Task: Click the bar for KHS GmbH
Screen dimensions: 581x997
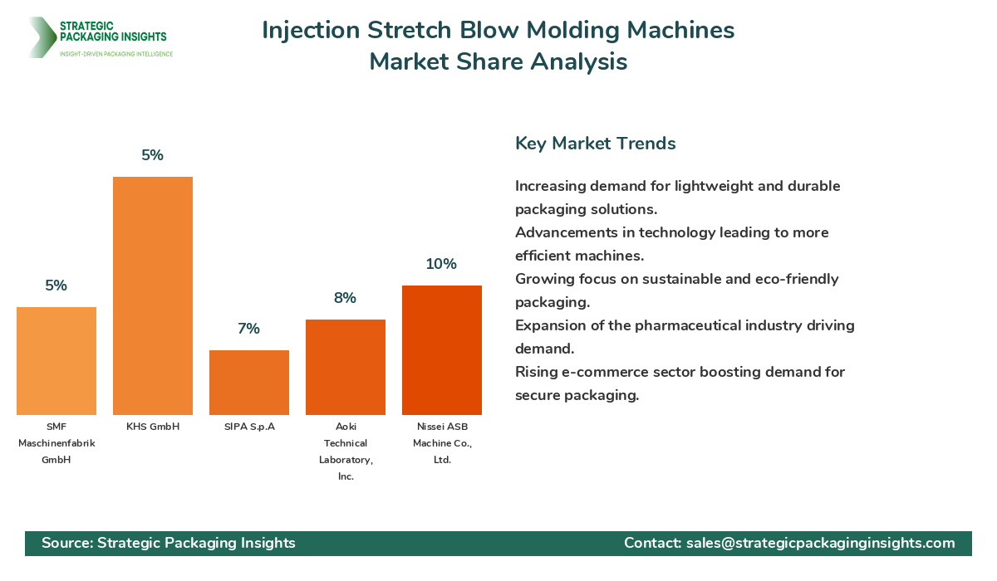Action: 153,295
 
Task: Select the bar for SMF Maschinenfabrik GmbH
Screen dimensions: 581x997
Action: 56,361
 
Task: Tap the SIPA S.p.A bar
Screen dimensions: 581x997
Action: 249,383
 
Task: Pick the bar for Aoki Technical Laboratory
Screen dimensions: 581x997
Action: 346,367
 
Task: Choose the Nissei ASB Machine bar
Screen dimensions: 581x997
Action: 442,350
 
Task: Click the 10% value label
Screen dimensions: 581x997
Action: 441,264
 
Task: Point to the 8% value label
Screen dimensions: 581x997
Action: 345,298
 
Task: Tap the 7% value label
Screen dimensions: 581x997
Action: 248,329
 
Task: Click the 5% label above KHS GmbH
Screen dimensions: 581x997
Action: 153,155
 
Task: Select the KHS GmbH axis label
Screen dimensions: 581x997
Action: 153,427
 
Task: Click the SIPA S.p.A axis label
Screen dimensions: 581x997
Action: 249,427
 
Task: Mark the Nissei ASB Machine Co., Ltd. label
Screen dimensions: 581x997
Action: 442,442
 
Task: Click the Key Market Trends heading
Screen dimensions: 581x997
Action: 596,143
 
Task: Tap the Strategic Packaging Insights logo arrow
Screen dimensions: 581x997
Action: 40,37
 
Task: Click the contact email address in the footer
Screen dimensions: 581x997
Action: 820,543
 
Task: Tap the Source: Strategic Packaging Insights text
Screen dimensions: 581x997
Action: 169,543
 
